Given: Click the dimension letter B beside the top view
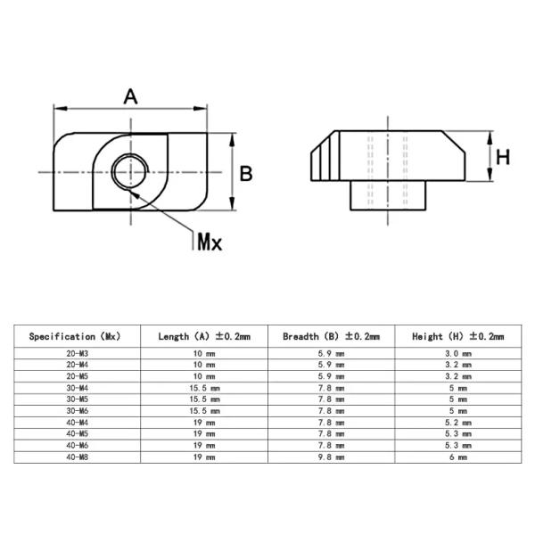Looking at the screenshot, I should (x=246, y=173).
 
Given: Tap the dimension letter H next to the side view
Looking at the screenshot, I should (x=502, y=158).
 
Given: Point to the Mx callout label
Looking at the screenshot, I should (x=209, y=242).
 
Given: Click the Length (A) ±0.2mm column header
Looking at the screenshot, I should (x=204, y=337).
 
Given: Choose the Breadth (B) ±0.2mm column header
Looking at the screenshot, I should (x=331, y=337).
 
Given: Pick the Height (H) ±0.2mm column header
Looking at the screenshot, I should (x=457, y=337).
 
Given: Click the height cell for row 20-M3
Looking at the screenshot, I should (x=457, y=354).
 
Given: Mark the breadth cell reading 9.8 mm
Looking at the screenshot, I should (x=331, y=458).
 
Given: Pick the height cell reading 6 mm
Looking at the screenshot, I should (x=457, y=458).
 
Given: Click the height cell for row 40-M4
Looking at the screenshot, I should (x=457, y=424).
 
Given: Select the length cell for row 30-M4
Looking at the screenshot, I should (x=204, y=389).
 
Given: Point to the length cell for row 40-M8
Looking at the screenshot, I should (x=204, y=458).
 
